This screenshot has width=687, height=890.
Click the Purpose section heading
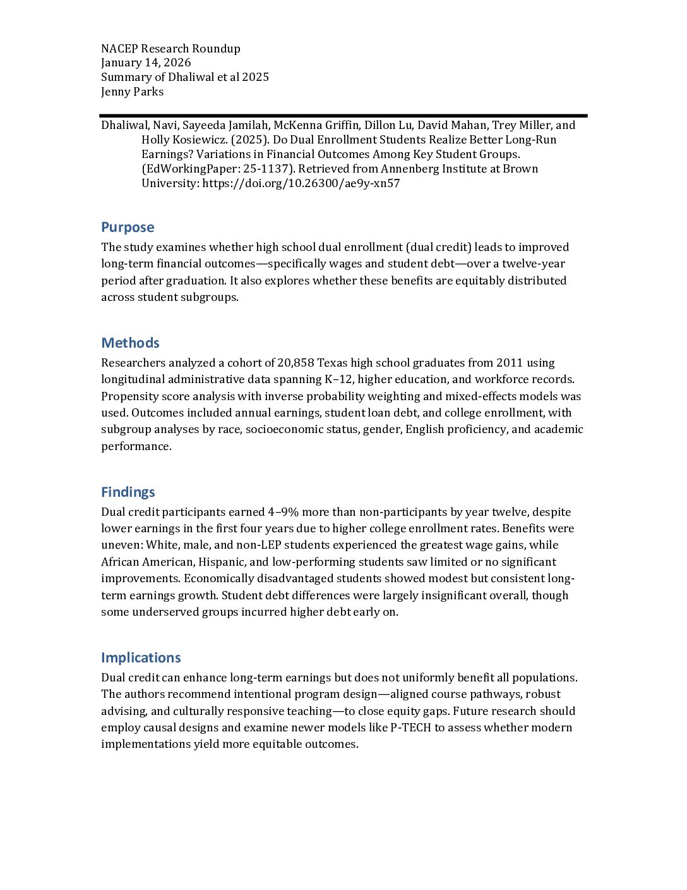(x=128, y=228)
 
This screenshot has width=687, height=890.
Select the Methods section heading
(x=130, y=343)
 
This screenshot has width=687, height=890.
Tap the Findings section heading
(x=128, y=492)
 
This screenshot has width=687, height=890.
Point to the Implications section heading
(x=141, y=658)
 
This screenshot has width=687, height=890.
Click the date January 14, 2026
(x=146, y=63)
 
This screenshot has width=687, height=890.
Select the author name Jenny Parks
(x=132, y=92)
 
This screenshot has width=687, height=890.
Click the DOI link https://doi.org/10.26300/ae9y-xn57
(x=301, y=184)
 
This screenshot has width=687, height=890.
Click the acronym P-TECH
(x=410, y=728)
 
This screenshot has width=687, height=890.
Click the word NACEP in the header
(x=119, y=49)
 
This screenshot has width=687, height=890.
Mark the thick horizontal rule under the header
(x=343, y=116)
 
